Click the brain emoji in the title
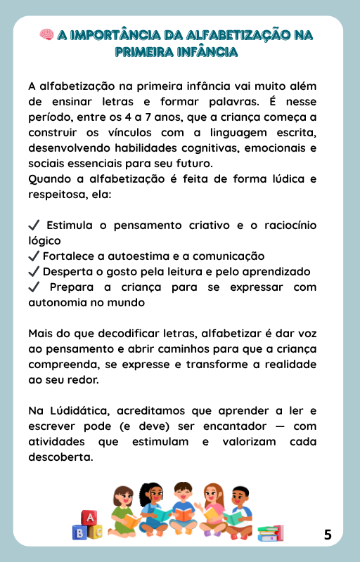46,35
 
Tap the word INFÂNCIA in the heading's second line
207,52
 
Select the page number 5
328,535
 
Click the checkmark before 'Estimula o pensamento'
34,226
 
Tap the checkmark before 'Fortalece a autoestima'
34,256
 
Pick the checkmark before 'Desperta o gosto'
34,272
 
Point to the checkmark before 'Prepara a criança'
34,287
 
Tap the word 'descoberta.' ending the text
60,457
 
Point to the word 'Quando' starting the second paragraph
50,179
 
